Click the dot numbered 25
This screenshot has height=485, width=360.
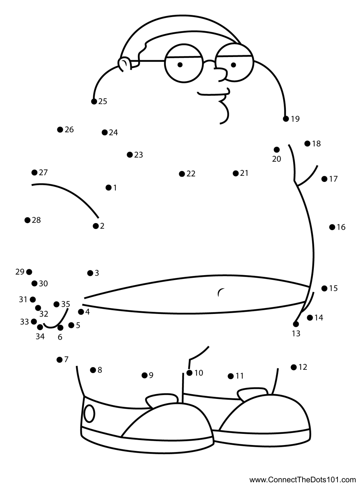(94, 101)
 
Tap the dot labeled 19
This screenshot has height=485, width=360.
(286, 119)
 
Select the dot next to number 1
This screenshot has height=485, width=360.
(109, 187)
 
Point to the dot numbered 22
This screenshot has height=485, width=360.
(182, 174)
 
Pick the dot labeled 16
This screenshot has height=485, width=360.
(332, 227)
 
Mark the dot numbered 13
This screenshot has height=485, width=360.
(296, 324)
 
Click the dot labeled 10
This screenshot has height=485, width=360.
(190, 373)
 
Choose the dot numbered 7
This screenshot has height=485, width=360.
(59, 360)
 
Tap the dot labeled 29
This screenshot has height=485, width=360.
(29, 272)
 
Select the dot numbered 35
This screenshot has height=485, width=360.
(56, 304)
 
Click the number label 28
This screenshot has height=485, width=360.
(37, 220)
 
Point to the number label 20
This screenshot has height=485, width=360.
(277, 159)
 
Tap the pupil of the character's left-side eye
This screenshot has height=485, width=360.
(180, 65)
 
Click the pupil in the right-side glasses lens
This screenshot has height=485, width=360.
(233, 65)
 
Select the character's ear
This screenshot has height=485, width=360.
(125, 64)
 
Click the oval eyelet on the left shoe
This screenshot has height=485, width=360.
(89, 414)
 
